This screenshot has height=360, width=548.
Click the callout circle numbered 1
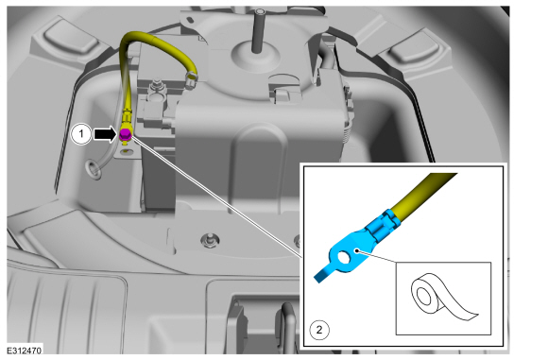click(x=81, y=134)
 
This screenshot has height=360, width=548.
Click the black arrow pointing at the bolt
click(x=105, y=134)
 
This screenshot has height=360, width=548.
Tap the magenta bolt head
click(x=125, y=134)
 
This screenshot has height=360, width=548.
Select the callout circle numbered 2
click(x=319, y=330)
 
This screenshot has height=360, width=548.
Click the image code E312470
click(x=25, y=351)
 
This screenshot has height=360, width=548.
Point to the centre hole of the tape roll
click(x=424, y=297)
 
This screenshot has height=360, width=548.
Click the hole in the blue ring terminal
click(x=343, y=258)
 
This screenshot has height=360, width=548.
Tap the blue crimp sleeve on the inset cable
click(x=382, y=227)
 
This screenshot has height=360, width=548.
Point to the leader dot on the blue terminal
click(x=356, y=250)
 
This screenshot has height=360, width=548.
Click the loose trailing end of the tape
click(x=471, y=316)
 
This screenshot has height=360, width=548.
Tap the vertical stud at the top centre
click(x=258, y=31)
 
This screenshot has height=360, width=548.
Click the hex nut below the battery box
click(x=210, y=240)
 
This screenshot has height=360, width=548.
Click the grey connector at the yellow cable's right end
click(x=191, y=79)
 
